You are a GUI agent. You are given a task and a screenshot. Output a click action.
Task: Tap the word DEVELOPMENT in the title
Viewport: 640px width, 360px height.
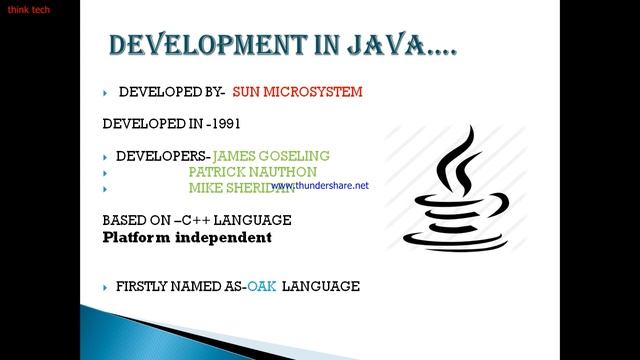211,46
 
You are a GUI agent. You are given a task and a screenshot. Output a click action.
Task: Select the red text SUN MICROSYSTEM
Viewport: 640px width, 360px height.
297,92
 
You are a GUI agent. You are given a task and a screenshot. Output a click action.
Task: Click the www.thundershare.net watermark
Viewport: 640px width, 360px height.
320,185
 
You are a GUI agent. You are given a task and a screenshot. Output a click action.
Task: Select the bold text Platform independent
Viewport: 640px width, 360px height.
187,238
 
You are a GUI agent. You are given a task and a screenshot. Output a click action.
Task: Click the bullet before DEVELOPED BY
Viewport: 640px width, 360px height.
105,93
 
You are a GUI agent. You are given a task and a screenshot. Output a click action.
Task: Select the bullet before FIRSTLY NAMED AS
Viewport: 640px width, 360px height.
105,287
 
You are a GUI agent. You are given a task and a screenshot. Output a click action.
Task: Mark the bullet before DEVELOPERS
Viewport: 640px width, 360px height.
105,157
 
